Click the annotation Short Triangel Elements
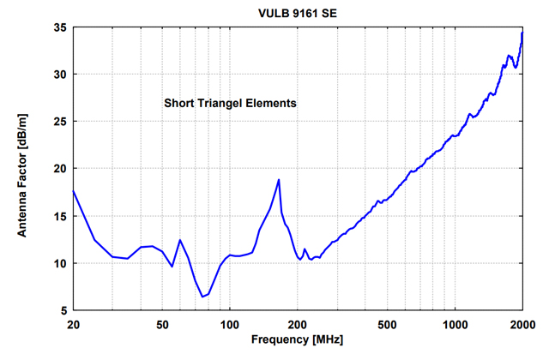click(x=230, y=103)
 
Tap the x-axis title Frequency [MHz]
click(x=298, y=339)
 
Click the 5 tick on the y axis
click(x=62, y=310)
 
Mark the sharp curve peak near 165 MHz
click(x=279, y=179)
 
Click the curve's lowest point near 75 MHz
click(x=202, y=297)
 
